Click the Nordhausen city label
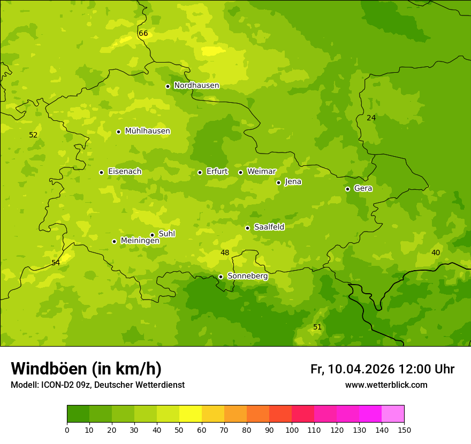(196, 86)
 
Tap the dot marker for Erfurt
(200, 172)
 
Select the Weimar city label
(261, 172)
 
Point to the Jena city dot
(278, 182)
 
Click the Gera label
(363, 188)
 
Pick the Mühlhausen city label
(147, 131)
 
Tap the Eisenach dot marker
(101, 172)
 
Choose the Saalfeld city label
(269, 227)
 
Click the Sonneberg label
(247, 277)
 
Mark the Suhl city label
(166, 234)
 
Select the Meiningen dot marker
(114, 241)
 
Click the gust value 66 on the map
(143, 34)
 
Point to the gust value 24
(371, 118)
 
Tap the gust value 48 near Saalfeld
(225, 252)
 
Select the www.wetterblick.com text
(386, 385)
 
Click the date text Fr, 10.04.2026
(352, 369)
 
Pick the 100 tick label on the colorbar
(292, 430)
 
